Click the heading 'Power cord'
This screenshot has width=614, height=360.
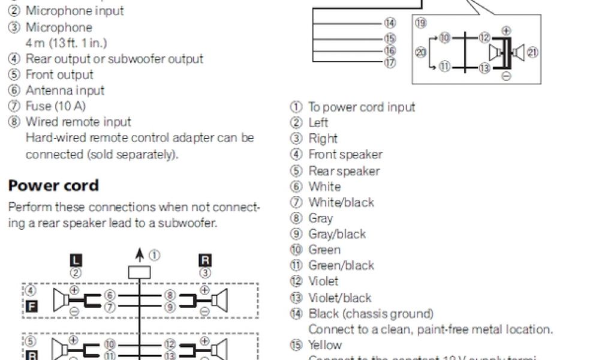tap(53, 185)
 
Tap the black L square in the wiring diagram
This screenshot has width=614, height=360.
tap(76, 260)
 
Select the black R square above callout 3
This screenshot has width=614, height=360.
tap(205, 260)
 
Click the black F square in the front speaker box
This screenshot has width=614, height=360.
tap(32, 307)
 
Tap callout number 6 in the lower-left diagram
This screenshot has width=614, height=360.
tap(109, 295)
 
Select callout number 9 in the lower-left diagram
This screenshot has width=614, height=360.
tap(170, 307)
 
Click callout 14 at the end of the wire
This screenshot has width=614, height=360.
tap(390, 23)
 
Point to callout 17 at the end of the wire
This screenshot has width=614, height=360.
tap(390, 62)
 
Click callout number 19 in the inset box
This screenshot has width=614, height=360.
tap(420, 23)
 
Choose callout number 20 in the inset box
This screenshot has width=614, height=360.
tap(421, 53)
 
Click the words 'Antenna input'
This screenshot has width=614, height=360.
tap(65, 90)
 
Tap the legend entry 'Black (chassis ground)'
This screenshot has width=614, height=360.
tap(371, 313)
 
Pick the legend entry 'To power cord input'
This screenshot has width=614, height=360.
tap(362, 107)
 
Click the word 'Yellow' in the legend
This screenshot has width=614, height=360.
tap(325, 345)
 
